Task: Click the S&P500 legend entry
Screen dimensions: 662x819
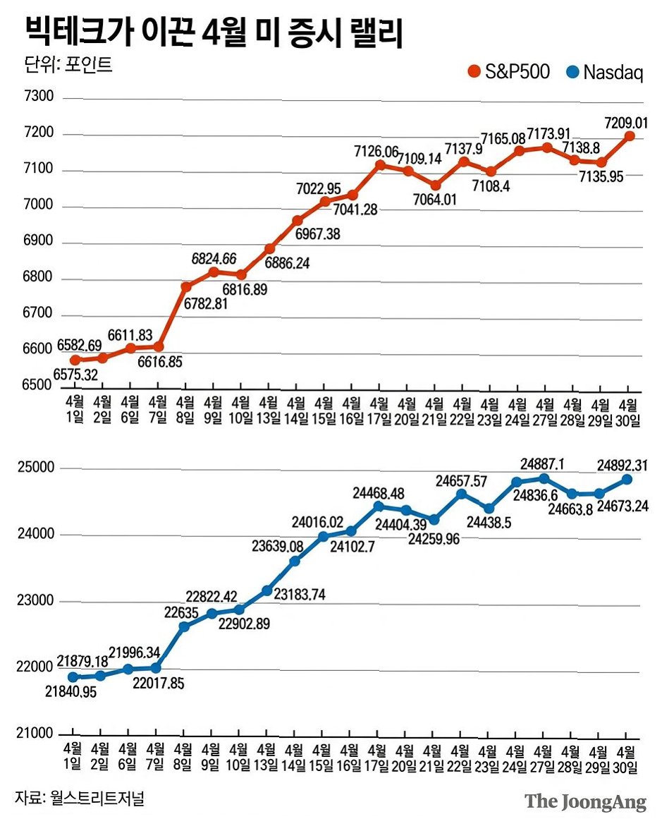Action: [x=508, y=71]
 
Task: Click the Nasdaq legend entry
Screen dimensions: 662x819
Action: [x=605, y=72]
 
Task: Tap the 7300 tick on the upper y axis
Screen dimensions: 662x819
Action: [x=38, y=96]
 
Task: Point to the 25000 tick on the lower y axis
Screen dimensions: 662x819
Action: [x=36, y=468]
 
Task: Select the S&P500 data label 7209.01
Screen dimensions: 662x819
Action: [x=626, y=123]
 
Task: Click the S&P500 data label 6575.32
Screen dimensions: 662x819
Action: [x=75, y=375]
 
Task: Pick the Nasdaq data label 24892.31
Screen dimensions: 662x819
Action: [x=623, y=465]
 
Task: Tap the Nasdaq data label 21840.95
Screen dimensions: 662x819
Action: [x=71, y=691]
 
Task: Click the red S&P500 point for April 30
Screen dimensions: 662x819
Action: [x=629, y=136]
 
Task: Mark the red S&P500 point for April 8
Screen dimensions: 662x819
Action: [x=186, y=286]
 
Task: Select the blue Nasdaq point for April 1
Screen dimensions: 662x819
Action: [x=73, y=677]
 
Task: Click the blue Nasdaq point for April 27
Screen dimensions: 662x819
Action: [x=544, y=478]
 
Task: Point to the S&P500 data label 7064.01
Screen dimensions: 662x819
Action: [x=434, y=200]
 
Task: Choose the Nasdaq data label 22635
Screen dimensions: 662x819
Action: [x=182, y=612]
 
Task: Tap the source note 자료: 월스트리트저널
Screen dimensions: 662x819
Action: [x=80, y=798]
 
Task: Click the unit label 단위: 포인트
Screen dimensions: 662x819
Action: [x=68, y=64]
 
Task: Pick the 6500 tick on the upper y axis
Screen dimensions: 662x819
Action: [x=37, y=385]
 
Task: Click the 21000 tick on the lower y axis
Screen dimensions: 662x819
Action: [x=35, y=734]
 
